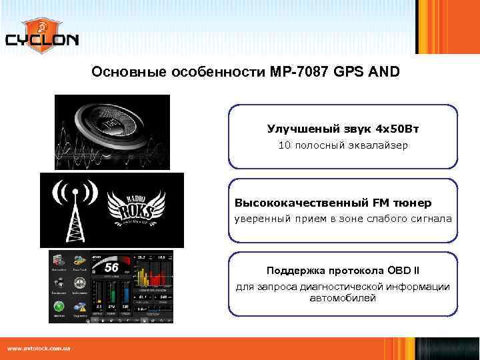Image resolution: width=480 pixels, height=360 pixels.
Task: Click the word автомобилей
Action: pyautogui.click(x=343, y=298)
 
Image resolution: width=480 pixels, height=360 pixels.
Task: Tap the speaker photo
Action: pyautogui.click(x=112, y=132)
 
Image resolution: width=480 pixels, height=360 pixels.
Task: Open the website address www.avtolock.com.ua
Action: pyautogui.click(x=39, y=348)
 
